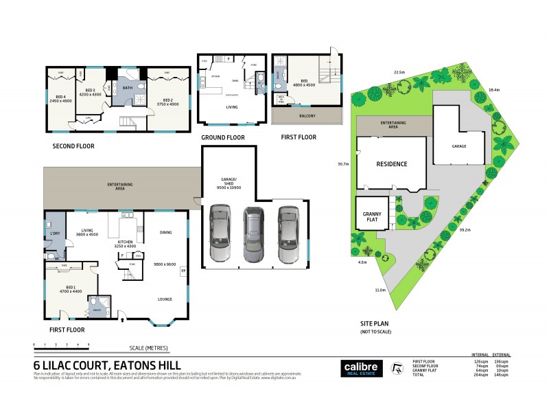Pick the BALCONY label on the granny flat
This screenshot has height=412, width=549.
307,116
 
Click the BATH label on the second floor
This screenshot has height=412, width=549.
127,88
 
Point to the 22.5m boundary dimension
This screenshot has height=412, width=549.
399,71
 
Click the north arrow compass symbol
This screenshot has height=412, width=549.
396,367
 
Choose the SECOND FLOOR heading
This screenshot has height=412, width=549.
73,146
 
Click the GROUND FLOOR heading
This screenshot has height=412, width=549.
223,137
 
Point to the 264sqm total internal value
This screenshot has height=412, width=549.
480,375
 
